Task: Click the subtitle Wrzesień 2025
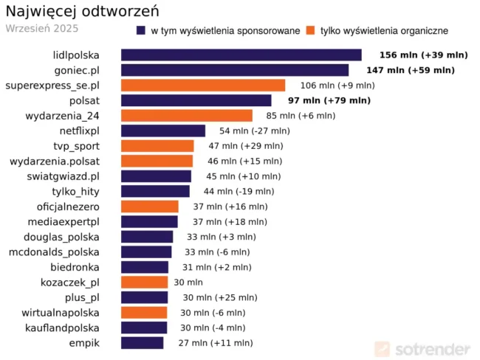pyautogui.click(x=41, y=29)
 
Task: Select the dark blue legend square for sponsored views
pyautogui.click(x=140, y=31)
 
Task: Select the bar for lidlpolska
pyautogui.click(x=241, y=55)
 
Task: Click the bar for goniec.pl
pyautogui.click(x=234, y=70)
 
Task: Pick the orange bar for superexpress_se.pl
pyautogui.click(x=202, y=86)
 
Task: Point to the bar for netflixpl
pyautogui.click(x=162, y=131)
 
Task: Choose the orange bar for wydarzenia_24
pyautogui.click(x=186, y=116)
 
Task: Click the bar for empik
pyautogui.click(x=142, y=342)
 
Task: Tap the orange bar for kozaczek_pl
pyautogui.click(x=144, y=282)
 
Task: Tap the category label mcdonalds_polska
pyautogui.click(x=54, y=252)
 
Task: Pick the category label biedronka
pyautogui.click(x=75, y=267)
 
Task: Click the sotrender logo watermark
pyautogui.click(x=422, y=348)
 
